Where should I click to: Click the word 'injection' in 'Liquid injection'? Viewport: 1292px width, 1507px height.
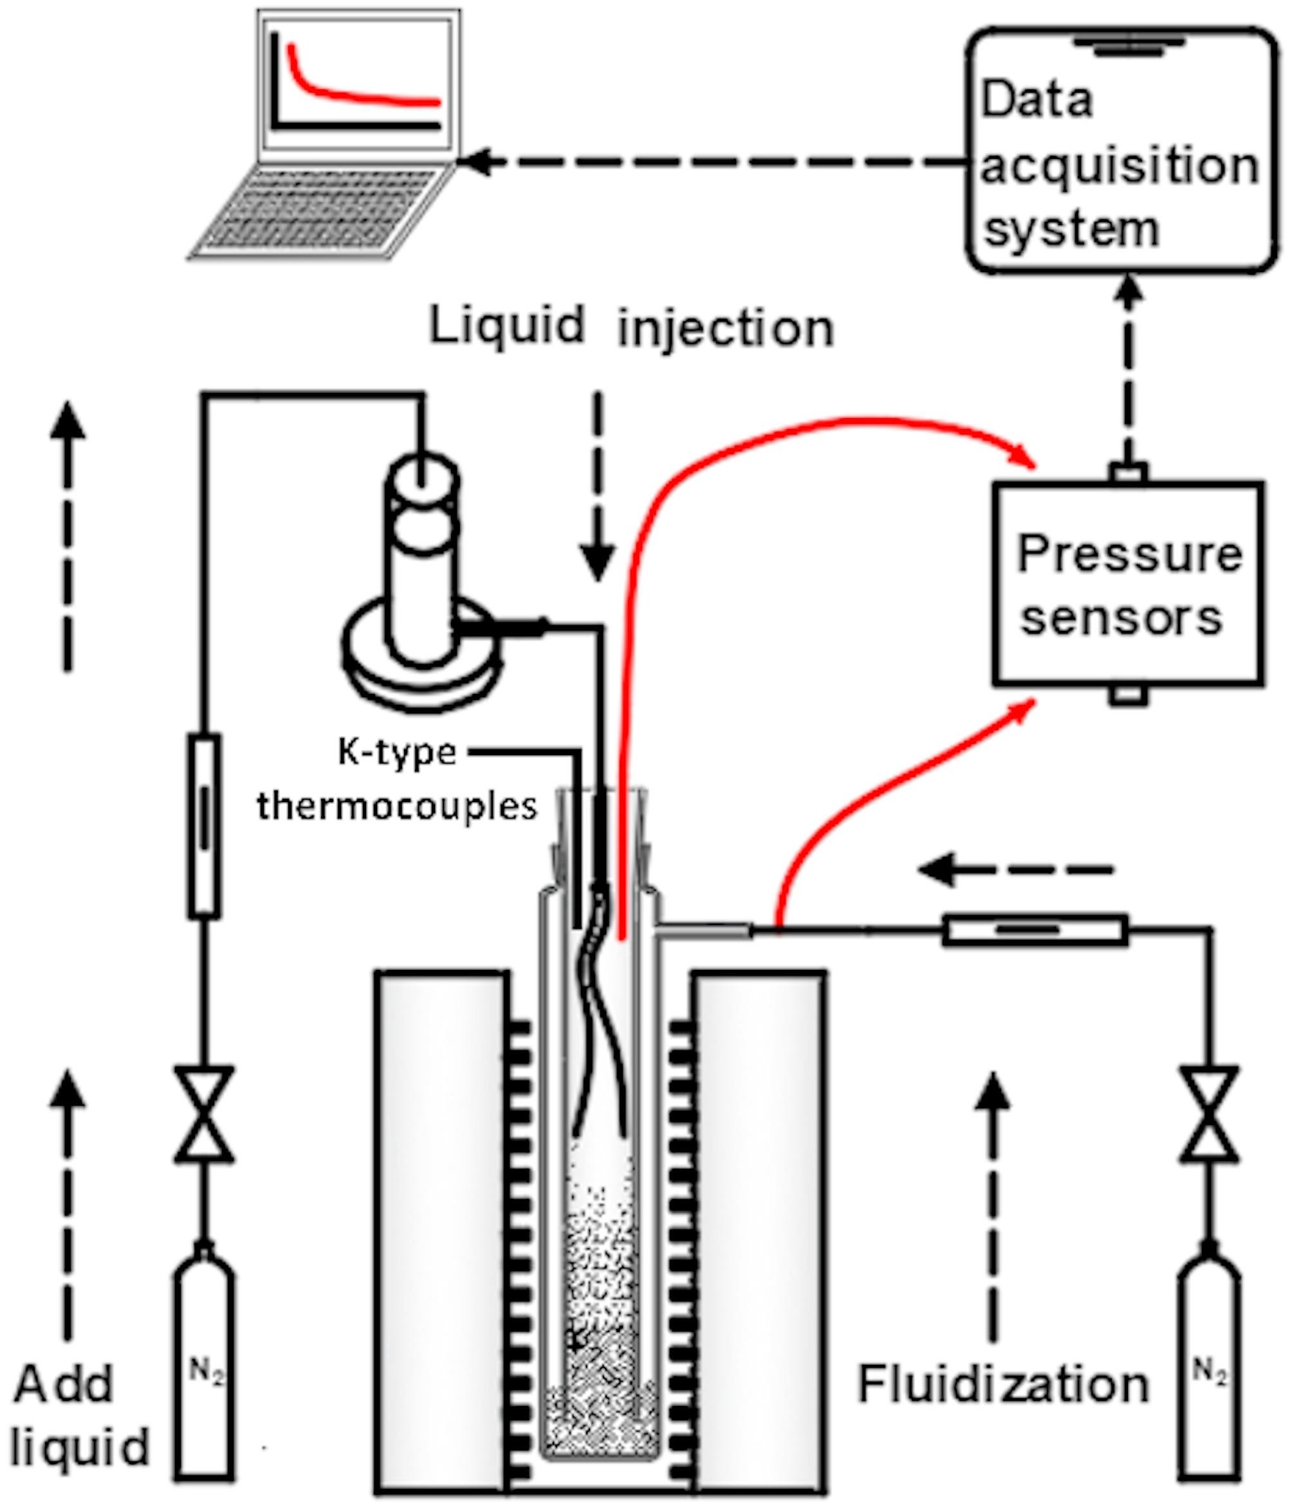point(725,329)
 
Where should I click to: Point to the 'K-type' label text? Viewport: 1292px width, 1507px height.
point(397,752)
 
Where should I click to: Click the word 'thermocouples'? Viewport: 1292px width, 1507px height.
point(397,806)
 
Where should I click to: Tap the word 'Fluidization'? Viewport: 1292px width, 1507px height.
point(1004,1385)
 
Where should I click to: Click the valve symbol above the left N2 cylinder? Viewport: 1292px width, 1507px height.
point(205,1113)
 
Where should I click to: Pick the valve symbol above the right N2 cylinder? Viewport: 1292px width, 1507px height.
point(1208,1113)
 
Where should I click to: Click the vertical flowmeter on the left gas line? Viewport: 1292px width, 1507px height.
point(205,825)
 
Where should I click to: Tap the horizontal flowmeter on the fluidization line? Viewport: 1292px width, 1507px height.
point(1035,930)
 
